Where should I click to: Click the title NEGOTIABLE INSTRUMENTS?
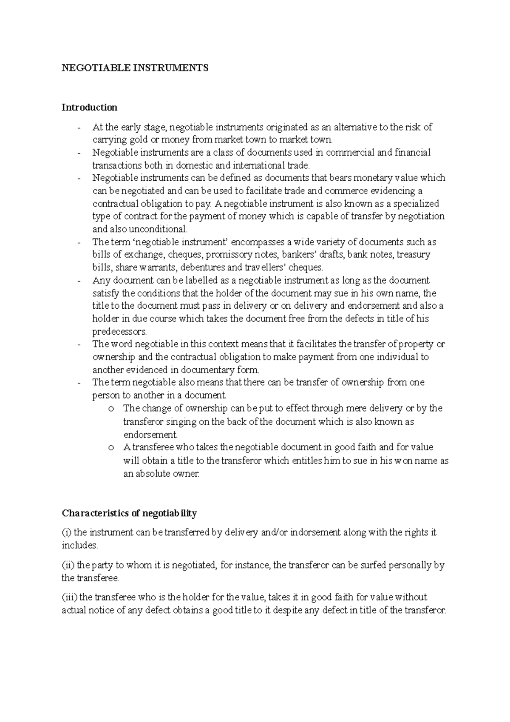[135, 68]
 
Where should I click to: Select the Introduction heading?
[89, 107]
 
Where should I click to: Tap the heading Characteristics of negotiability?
[129, 513]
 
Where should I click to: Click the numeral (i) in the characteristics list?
[66, 532]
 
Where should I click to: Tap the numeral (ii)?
[68, 566]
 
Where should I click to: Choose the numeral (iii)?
[69, 597]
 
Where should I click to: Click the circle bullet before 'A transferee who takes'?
[111, 448]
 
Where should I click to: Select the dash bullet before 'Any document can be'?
[79, 281]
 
